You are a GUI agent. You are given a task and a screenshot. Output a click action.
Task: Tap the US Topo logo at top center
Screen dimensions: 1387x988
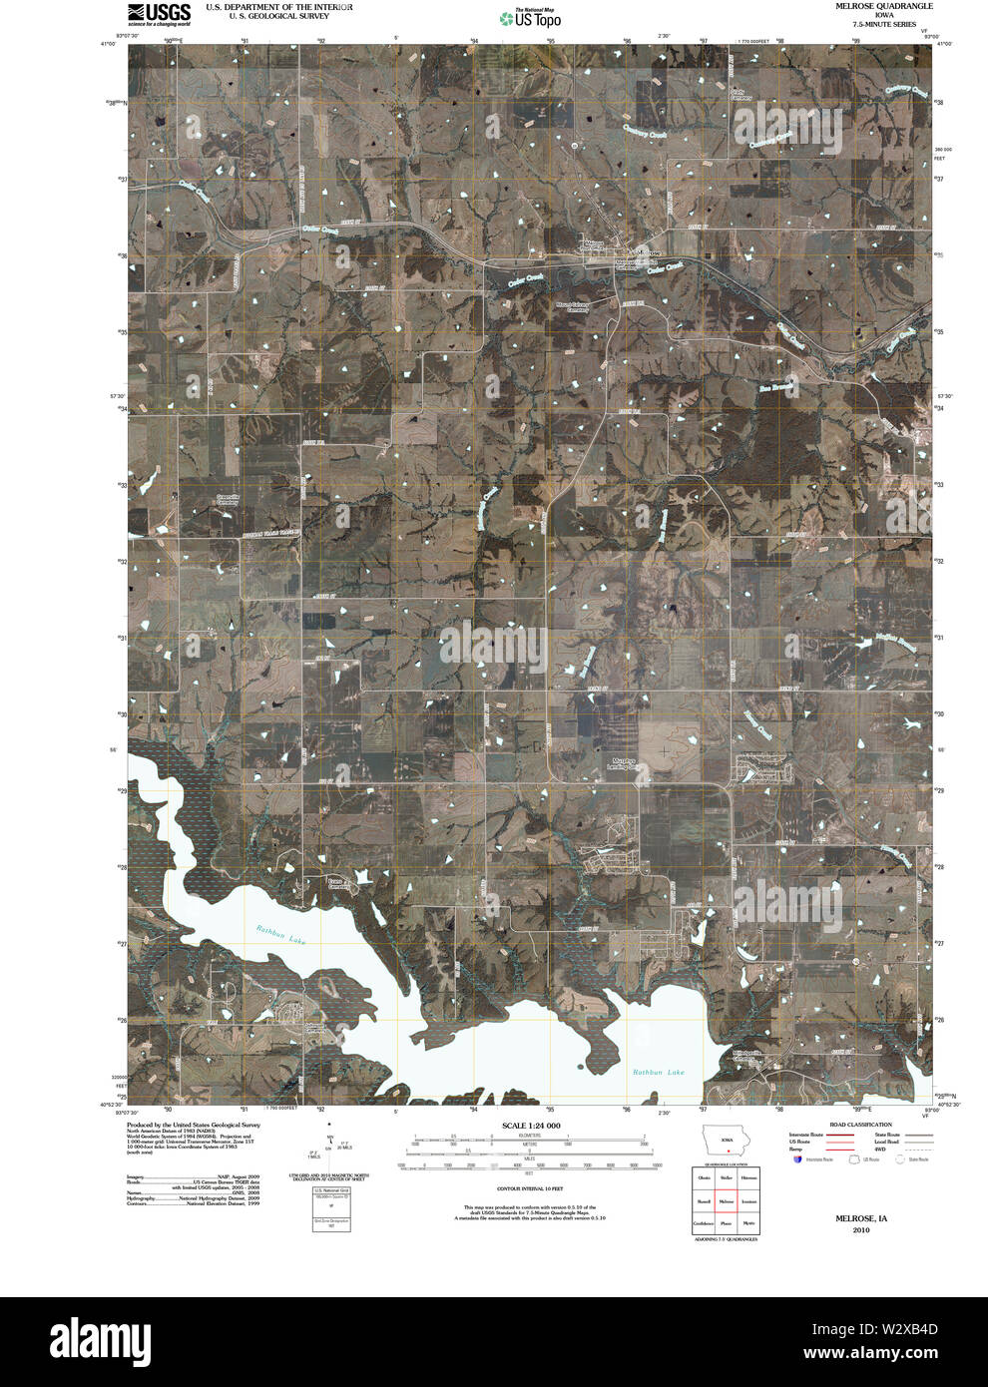pos(530,17)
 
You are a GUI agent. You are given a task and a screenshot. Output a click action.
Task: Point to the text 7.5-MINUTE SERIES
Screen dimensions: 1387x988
pos(877,23)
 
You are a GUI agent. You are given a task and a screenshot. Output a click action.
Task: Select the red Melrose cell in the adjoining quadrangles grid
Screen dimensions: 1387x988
pos(726,1201)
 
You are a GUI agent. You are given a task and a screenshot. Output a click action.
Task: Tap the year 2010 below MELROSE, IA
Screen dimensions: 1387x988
pos(861,1230)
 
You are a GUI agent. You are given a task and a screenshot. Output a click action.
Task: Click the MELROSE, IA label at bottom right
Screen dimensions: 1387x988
pos(861,1218)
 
